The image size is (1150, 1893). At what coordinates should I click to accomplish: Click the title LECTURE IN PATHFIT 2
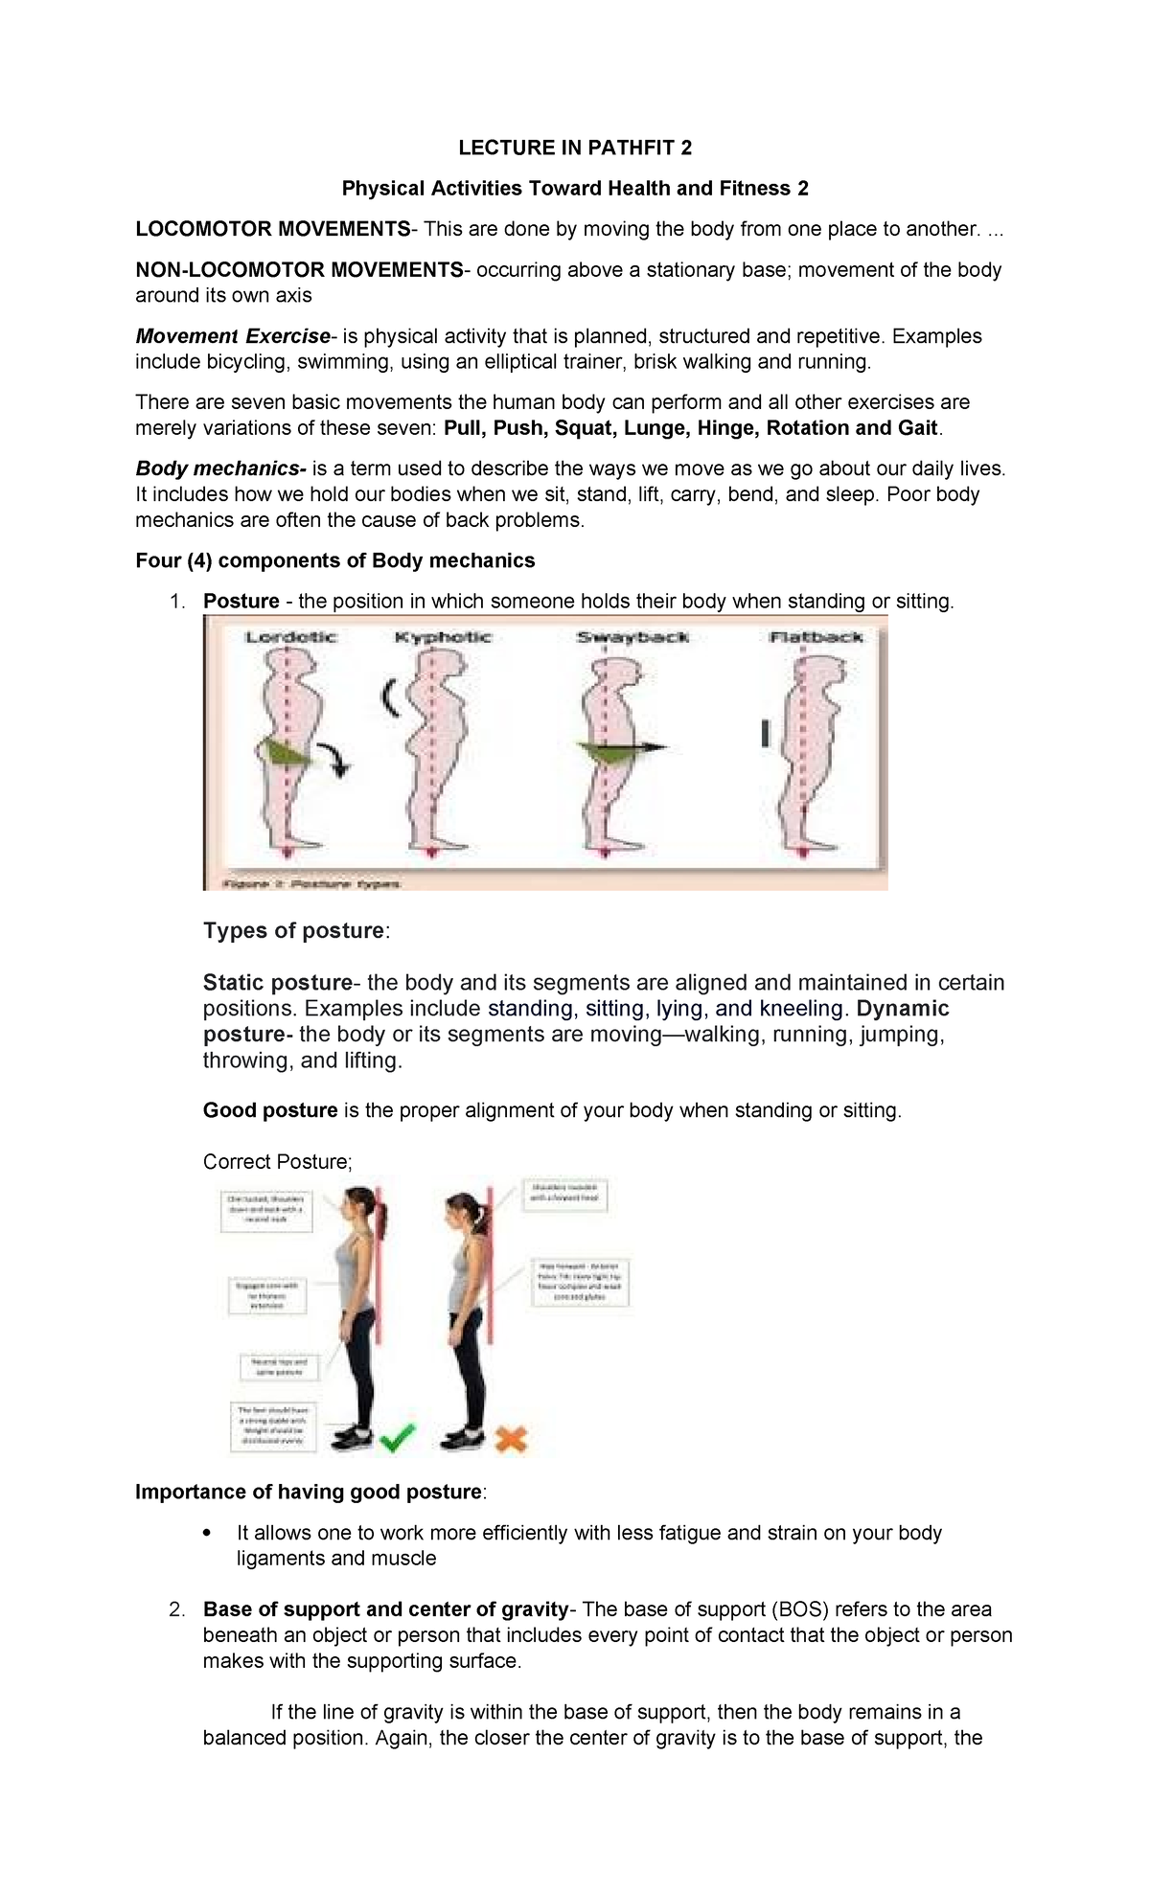(574, 148)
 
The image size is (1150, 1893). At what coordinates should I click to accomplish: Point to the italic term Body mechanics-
(220, 468)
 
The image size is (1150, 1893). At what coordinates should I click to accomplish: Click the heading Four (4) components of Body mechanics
(334, 560)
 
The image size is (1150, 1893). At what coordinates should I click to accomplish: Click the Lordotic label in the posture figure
(290, 637)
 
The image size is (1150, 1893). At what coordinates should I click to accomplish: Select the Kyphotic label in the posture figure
(443, 637)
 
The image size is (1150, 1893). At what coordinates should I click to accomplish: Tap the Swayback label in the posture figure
(632, 637)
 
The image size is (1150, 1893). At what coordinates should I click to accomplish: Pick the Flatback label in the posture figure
(816, 637)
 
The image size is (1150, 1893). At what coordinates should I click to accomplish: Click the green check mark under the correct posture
(397, 1437)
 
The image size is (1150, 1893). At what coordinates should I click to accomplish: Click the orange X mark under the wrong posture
(511, 1438)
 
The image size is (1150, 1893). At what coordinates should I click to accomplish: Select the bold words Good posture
(270, 1110)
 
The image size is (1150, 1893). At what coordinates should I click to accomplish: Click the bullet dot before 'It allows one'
(208, 1533)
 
